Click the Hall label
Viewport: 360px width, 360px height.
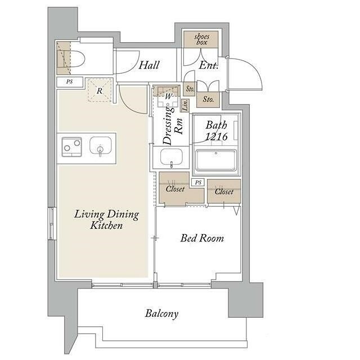(149, 65)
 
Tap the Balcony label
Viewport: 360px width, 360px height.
(161, 314)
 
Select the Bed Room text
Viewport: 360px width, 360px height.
(202, 238)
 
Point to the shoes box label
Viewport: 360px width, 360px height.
(201, 39)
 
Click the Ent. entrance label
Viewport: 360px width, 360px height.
(208, 65)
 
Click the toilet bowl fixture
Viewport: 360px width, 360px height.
(74, 58)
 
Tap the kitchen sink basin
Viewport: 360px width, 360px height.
(101, 146)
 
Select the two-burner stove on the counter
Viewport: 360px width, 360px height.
(71, 147)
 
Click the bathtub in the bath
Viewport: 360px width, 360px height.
(216, 160)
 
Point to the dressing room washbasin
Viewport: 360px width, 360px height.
(172, 157)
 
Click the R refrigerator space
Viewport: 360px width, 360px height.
(100, 90)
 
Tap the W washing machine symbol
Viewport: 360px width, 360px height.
(168, 96)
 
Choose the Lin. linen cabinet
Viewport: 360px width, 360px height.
(185, 105)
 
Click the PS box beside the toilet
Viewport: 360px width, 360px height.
(70, 82)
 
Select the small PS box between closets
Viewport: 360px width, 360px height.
(198, 182)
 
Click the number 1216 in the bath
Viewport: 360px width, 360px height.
(216, 137)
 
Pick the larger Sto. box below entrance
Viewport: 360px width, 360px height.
(208, 100)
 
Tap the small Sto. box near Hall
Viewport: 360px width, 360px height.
(190, 89)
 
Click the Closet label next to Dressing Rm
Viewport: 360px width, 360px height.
(175, 189)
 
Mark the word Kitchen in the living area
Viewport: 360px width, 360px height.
(106, 225)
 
